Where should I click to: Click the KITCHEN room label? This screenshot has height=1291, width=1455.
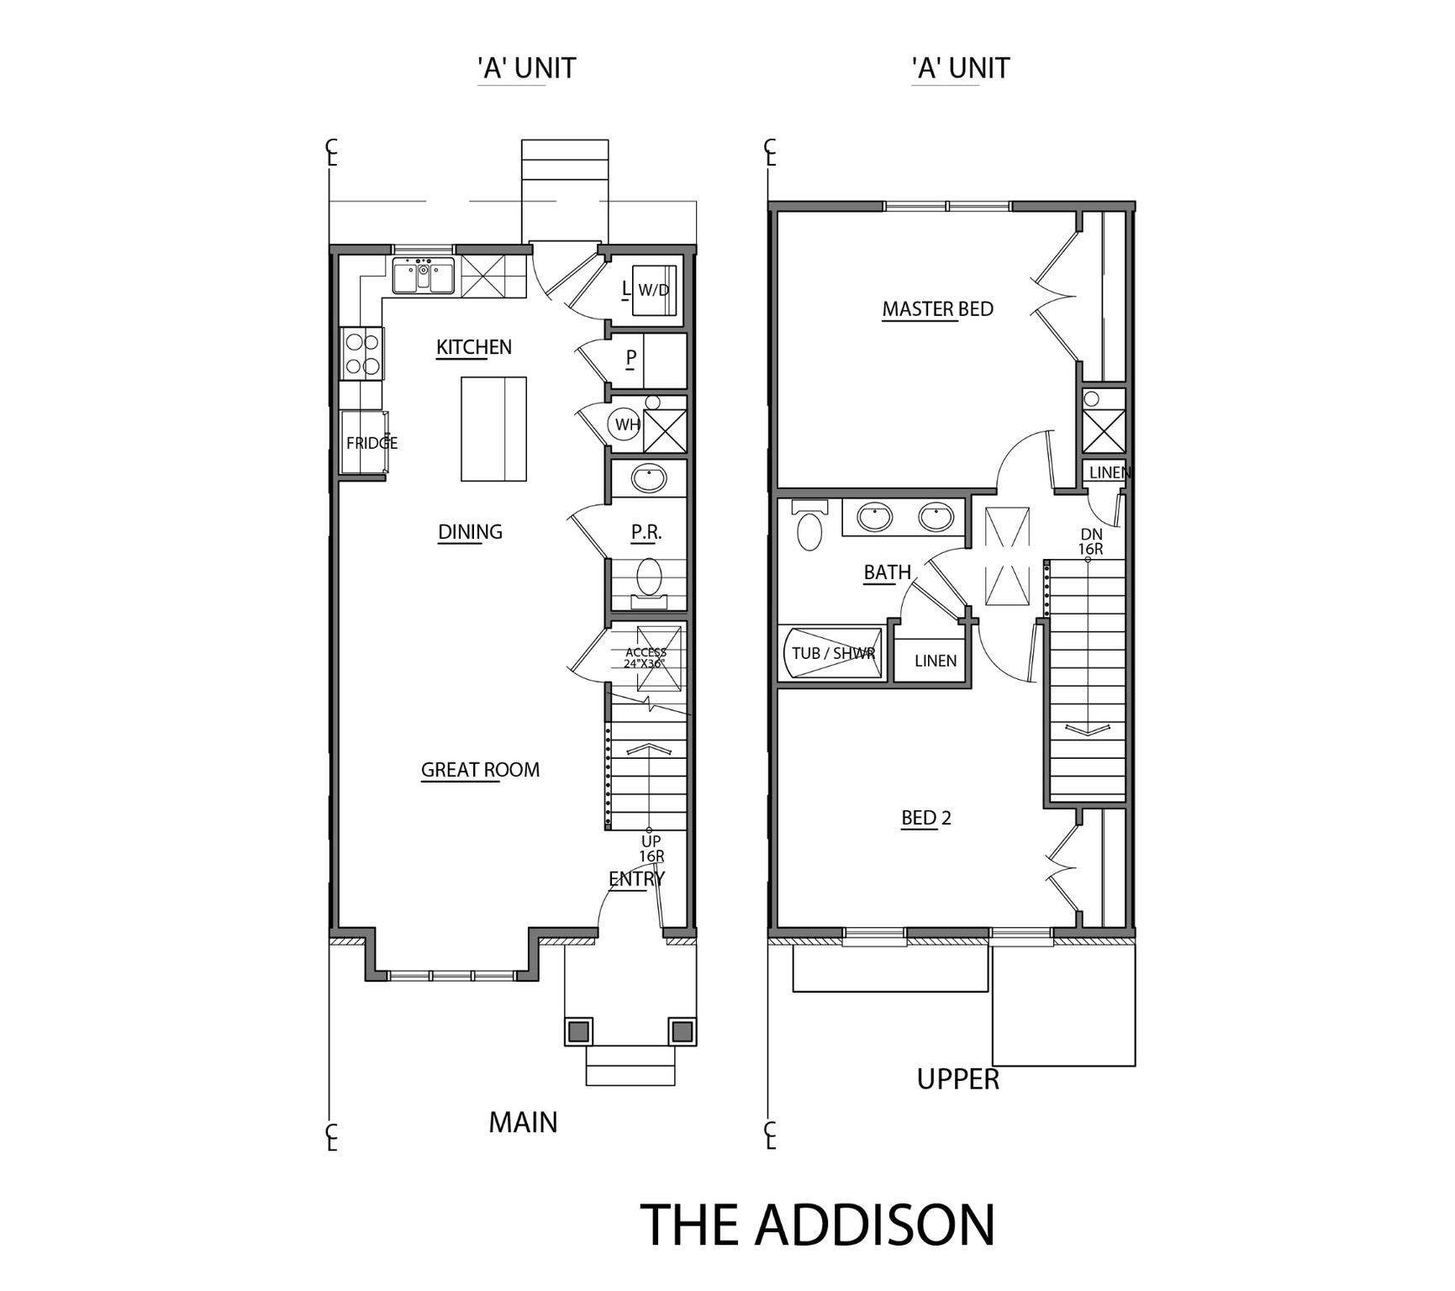pyautogui.click(x=473, y=347)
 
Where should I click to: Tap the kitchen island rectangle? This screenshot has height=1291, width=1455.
pyautogui.click(x=493, y=429)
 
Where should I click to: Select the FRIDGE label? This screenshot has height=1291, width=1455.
pyautogui.click(x=371, y=443)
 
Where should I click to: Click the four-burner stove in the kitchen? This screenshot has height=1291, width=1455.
pyautogui.click(x=362, y=354)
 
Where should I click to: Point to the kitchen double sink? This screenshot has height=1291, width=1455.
pyautogui.click(x=423, y=277)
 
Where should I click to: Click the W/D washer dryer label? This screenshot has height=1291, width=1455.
pyautogui.click(x=654, y=291)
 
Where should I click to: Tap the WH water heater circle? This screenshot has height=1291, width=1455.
pyautogui.click(x=626, y=424)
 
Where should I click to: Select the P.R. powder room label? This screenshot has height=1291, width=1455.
pyautogui.click(x=646, y=532)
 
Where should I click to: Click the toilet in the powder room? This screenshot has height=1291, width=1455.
pyautogui.click(x=649, y=579)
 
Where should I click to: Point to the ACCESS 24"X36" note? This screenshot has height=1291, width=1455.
pyautogui.click(x=646, y=658)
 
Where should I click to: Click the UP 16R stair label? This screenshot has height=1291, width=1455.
pyautogui.click(x=651, y=849)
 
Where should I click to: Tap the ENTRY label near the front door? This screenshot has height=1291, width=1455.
pyautogui.click(x=636, y=879)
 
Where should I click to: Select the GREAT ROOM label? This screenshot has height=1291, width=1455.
pyautogui.click(x=480, y=770)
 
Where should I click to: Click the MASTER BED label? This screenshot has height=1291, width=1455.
pyautogui.click(x=937, y=309)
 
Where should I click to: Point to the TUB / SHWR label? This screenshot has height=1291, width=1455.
pyautogui.click(x=832, y=653)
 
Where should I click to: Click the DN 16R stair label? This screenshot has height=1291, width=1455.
pyautogui.click(x=1090, y=542)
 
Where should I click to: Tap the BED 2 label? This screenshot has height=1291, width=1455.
pyautogui.click(x=925, y=818)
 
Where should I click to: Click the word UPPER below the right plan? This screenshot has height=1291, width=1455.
pyautogui.click(x=957, y=1079)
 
